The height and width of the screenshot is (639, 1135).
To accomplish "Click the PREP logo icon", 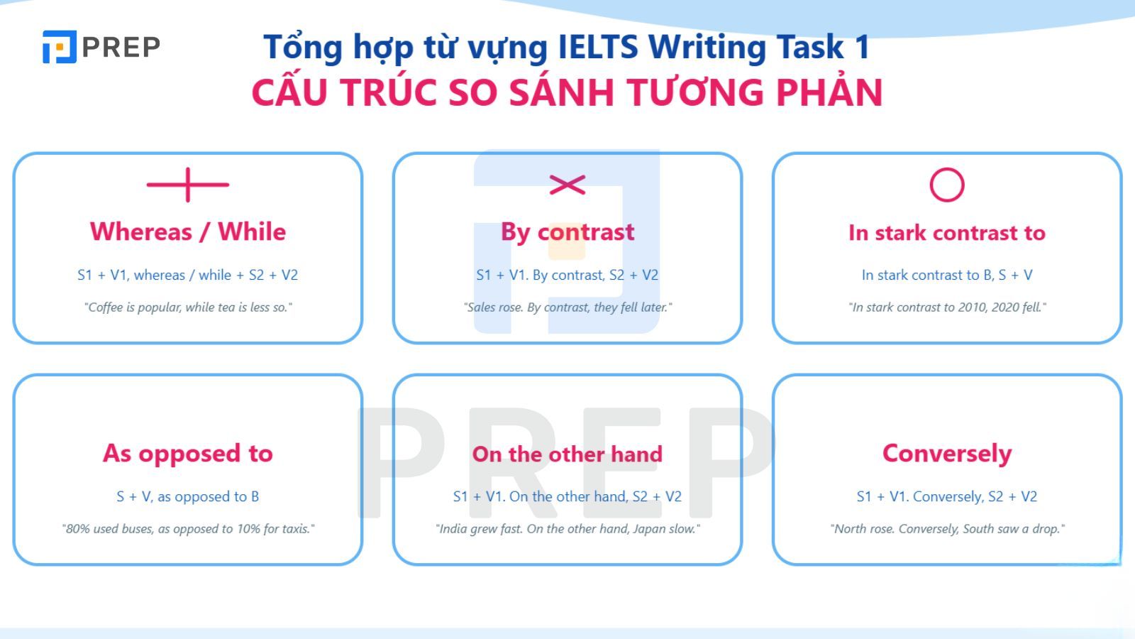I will point(59,47).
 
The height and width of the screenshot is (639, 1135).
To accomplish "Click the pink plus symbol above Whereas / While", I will point(188,185).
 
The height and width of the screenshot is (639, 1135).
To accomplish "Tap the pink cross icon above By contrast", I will point(567,185).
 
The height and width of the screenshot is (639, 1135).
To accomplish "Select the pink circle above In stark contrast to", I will point(947,185).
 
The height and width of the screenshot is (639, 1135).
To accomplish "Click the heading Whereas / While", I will point(188,231).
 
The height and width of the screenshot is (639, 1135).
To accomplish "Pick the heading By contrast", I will point(567,232).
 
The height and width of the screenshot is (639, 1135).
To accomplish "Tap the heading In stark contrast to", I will point(947,233).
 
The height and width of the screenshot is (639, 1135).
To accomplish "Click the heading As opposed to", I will point(188,453).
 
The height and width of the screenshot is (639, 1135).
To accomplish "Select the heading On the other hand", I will point(567,454).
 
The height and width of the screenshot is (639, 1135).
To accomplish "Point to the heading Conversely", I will point(947,453).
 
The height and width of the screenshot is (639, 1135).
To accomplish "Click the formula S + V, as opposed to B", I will point(188,496).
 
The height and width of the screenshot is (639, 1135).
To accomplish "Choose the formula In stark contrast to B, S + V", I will point(947,275).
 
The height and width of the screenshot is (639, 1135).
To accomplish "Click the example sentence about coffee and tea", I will point(188,307).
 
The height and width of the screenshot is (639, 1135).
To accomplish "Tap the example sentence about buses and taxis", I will point(188,529).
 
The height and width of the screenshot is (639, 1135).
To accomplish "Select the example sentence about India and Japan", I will point(567,529).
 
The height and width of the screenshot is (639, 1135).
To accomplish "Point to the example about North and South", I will point(947,529).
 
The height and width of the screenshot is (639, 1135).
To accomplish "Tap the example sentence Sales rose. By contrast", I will point(567,307).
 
